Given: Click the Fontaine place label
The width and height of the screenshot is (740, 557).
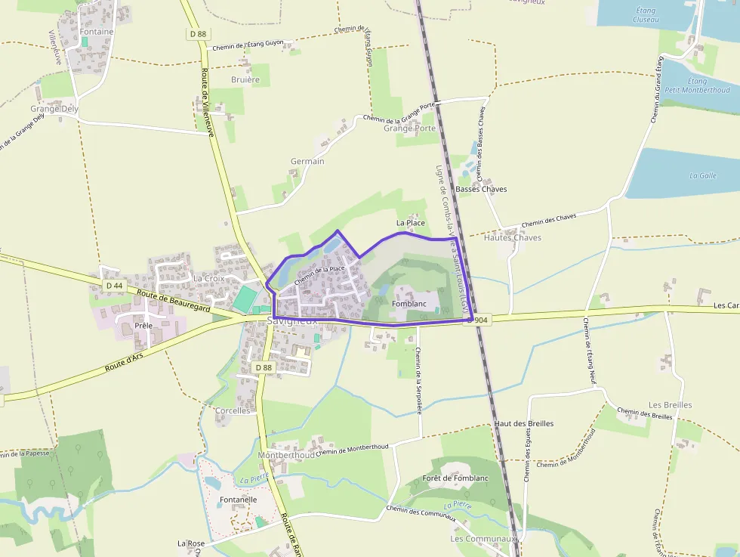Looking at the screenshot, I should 97,32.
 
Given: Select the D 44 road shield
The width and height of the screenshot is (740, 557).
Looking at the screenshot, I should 114,286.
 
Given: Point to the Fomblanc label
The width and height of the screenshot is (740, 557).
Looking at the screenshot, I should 409,303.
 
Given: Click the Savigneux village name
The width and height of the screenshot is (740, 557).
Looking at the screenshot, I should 292,321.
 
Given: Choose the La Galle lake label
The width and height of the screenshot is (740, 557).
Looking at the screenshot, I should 702,175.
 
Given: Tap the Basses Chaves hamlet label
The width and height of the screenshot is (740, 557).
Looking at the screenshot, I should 482,189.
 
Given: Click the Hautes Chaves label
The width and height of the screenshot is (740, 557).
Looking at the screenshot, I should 512,237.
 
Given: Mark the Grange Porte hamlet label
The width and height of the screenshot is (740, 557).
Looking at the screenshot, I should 409,128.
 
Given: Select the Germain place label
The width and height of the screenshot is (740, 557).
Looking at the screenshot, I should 307,162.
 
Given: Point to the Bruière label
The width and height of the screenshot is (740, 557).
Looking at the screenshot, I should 245,79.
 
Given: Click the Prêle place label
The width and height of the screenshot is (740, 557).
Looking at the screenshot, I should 143,326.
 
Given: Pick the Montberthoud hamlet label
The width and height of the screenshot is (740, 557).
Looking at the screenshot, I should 286,456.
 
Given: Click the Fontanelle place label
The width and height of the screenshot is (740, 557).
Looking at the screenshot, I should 238,500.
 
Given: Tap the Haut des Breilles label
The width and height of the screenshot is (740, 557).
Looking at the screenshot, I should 524,423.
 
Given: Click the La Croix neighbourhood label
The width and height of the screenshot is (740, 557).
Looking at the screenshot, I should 208,278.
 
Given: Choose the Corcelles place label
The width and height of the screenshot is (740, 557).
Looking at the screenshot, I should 233,410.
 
